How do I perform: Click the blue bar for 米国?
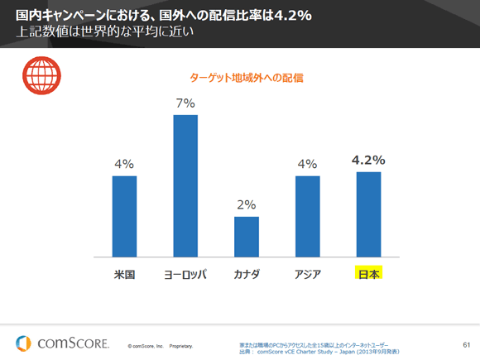(x=124, y=216)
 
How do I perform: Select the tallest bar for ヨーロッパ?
(x=185, y=185)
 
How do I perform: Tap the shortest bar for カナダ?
(x=247, y=237)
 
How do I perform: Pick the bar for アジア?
(x=307, y=216)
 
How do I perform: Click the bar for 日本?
(x=368, y=214)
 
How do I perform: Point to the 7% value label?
(x=185, y=103)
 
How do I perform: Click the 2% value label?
(x=247, y=204)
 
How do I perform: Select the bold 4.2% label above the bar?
(x=368, y=160)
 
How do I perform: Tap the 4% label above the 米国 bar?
(x=124, y=164)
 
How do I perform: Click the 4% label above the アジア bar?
(x=307, y=164)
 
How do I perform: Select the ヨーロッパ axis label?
(x=185, y=274)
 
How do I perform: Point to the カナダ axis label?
(x=247, y=274)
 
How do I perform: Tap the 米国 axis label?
(x=124, y=274)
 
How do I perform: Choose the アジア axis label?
(x=307, y=274)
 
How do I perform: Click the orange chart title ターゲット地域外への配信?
(x=246, y=78)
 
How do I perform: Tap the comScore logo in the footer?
(x=62, y=342)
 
